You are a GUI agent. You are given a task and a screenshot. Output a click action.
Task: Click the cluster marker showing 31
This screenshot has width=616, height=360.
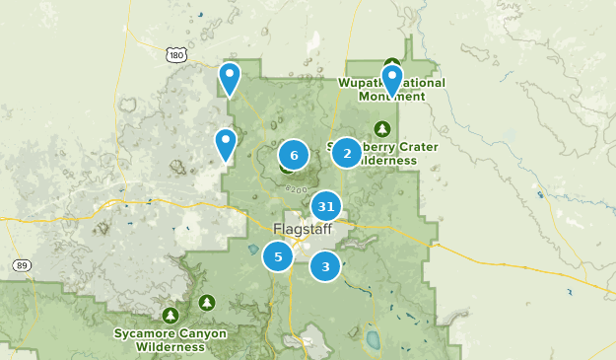(x=326, y=207)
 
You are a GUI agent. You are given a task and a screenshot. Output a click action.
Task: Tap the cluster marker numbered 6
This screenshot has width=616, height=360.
(x=294, y=155)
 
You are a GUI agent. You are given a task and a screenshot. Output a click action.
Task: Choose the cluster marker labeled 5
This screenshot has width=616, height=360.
(x=278, y=256)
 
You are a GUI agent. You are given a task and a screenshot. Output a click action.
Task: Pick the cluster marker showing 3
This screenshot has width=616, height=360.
(x=325, y=265)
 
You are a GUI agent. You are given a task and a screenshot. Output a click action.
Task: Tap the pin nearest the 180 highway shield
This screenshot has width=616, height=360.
(x=230, y=78)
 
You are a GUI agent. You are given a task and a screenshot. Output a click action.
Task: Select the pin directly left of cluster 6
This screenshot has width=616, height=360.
(x=226, y=145)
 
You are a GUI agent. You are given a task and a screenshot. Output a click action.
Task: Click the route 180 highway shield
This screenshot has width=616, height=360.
(x=176, y=55)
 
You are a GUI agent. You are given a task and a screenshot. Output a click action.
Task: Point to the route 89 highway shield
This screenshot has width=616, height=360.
(x=22, y=265)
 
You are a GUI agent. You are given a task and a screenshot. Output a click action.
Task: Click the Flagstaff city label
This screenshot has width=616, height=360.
(x=297, y=230)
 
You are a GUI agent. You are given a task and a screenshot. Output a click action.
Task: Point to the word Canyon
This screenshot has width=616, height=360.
(x=201, y=333)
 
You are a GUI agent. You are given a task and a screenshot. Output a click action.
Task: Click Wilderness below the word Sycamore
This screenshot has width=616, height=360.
(x=171, y=347)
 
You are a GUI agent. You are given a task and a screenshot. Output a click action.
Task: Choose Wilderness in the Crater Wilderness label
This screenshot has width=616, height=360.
(x=380, y=161)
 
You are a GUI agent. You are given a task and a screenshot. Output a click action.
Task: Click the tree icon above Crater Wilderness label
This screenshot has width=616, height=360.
(x=381, y=128)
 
